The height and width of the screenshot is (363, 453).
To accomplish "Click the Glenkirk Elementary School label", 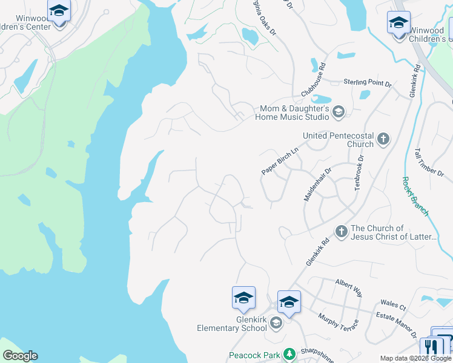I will click(232, 324).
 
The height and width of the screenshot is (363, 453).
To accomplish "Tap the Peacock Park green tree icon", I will click(290, 353).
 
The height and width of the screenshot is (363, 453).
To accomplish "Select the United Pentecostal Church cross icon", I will click(383, 140).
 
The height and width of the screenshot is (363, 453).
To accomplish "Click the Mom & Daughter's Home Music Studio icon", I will click(338, 111).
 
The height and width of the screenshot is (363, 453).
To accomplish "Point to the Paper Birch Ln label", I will click(280, 160).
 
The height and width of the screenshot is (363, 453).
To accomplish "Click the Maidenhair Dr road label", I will click(319, 185).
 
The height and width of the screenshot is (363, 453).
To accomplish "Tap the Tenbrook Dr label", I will click(360, 172).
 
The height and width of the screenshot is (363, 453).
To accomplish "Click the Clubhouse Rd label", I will click(314, 79).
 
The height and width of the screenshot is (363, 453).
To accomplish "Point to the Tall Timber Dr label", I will click(429, 162).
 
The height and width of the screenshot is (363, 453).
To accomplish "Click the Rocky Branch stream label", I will click(415, 196).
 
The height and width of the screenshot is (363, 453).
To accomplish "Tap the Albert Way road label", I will click(349, 288).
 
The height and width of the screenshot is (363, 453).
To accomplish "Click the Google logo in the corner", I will click(20, 356).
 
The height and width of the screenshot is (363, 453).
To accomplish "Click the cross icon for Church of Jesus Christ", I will click(341, 231).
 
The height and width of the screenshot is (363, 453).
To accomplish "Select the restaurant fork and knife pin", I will click(431, 347).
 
